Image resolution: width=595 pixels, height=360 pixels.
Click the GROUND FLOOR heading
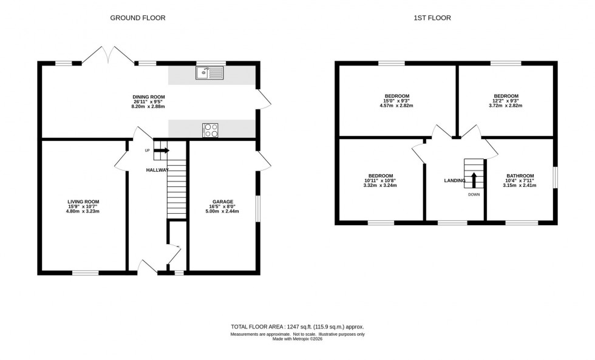137,18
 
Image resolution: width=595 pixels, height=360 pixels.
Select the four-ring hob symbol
211,129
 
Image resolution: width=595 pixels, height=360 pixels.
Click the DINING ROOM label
149,97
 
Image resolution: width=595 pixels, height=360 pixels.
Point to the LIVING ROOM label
83,202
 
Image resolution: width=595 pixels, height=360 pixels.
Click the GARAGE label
222,202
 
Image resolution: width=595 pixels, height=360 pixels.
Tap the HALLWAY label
157,171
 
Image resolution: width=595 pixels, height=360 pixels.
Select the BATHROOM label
520,175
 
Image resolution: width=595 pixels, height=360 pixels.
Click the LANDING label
455,180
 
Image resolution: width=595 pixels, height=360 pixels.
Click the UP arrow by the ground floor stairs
162,151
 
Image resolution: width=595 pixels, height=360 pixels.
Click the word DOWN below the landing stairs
474,195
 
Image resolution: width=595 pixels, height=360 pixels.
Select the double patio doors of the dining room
108,56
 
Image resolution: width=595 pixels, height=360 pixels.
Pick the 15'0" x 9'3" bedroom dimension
396,101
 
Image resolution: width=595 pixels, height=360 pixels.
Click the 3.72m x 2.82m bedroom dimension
505,106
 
